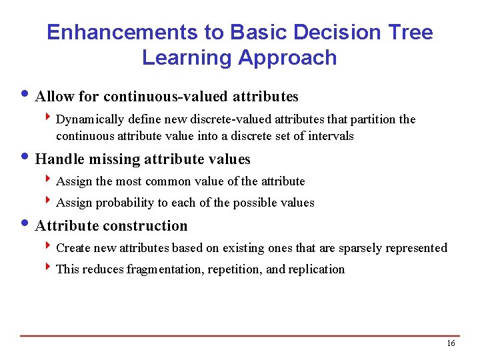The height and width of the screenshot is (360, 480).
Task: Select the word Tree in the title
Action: point(408,32)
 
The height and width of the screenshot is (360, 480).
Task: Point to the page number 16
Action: point(451,343)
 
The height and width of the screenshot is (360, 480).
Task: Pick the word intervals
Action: point(331,136)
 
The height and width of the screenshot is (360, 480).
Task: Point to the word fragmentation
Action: point(168,269)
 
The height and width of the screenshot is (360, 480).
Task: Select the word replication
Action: point(317,269)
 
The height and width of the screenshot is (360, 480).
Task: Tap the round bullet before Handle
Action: point(26,158)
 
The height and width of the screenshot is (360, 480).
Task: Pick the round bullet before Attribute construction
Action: point(26,225)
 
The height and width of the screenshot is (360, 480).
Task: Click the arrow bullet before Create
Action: point(49,247)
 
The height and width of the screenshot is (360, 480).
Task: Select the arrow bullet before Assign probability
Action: point(49,202)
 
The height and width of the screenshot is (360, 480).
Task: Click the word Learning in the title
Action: point(186,57)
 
